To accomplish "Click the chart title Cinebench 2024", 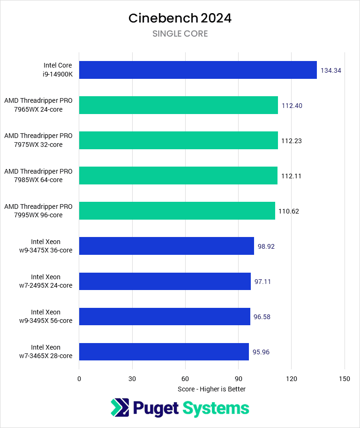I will [180, 18].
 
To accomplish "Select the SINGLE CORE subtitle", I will [180, 34].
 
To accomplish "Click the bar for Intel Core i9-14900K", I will [198, 70].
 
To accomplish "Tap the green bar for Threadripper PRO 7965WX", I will [178, 105].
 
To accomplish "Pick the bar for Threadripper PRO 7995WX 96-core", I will [177, 211].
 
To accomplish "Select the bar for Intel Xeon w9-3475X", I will [166, 246].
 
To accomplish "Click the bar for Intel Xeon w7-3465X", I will [164, 352].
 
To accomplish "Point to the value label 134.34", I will [330, 70].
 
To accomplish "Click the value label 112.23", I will [292, 141].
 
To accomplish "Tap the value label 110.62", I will [289, 211].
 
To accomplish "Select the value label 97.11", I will [262, 282].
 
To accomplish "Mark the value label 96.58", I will [262, 317].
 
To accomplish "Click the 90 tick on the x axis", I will [238, 379].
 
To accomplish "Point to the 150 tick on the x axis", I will [345, 379].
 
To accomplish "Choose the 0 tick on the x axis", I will [79, 379].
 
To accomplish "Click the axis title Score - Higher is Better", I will [211, 389].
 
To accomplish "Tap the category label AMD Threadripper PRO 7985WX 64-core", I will [38, 176].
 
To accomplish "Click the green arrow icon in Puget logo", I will [120, 408].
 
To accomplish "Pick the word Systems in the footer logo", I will [216, 408].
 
